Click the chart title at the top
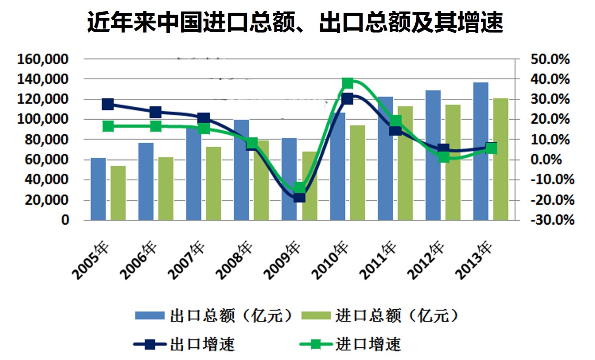pos(295,22)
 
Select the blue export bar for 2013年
pos(481,151)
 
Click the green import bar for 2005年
pos(118,193)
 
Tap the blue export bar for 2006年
pos(146,181)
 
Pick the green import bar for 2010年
pos(357,172)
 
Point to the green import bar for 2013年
pos(501,159)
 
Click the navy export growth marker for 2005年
pos(108,104)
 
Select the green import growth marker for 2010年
pos(347,83)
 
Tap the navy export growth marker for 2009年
pos(299,197)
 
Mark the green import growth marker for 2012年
pos(444,157)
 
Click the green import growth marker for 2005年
pos(108,126)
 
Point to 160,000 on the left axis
pos(43,59)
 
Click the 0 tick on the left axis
pos(65,220)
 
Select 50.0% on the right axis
pos(550,59)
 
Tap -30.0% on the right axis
pos(552,220)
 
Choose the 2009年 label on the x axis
pos(282,260)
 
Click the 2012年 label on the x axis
pos(426,260)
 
